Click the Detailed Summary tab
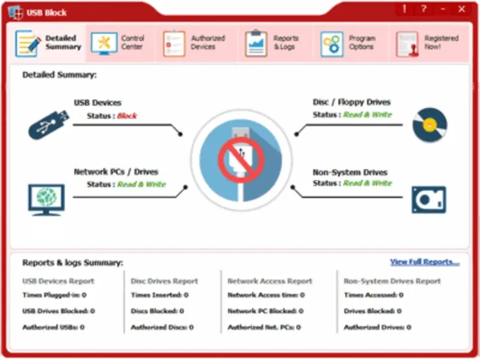coord(49,43)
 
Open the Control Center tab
coord(118,43)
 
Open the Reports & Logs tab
coord(272,43)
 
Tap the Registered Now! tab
coord(427,43)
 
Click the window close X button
coord(461,9)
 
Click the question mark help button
coord(424,9)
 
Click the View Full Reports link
coord(425,262)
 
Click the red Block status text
coord(127,116)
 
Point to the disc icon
coord(430,125)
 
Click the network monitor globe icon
coord(46,200)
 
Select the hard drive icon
coord(429,200)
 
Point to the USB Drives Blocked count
coord(58,311)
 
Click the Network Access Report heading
coord(270,281)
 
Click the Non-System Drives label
coord(350,172)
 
